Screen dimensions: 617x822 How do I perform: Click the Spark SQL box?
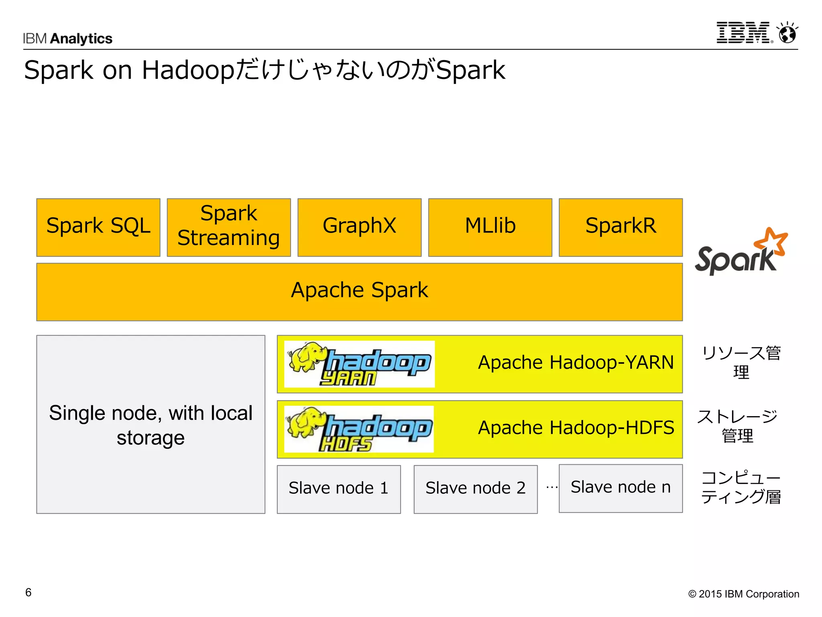pyautogui.click(x=98, y=227)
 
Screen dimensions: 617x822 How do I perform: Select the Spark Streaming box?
pyautogui.click(x=229, y=227)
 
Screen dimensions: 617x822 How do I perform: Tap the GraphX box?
pyautogui.click(x=359, y=227)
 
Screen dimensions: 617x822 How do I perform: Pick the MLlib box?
pyautogui.click(x=490, y=227)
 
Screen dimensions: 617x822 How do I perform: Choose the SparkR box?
pyautogui.click(x=621, y=227)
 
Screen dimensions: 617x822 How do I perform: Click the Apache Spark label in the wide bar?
pyautogui.click(x=359, y=290)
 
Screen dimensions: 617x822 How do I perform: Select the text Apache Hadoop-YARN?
pyautogui.click(x=576, y=362)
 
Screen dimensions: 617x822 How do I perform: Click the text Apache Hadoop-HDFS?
pyautogui.click(x=576, y=427)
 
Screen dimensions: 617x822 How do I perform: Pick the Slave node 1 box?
pyautogui.click(x=339, y=489)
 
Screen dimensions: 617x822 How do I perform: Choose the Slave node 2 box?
pyautogui.click(x=476, y=489)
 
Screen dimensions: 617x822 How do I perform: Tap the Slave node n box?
pyautogui.click(x=621, y=488)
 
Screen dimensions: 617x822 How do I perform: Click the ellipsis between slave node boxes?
pyautogui.click(x=552, y=488)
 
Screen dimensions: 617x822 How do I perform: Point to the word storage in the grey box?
pyautogui.click(x=151, y=438)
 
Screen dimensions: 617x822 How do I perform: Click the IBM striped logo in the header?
pyautogui.click(x=743, y=33)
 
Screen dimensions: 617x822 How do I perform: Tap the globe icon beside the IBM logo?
pyautogui.click(x=787, y=33)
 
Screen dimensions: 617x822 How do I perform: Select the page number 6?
pyautogui.click(x=28, y=592)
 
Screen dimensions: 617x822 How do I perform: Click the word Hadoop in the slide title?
pyautogui.click(x=188, y=71)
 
